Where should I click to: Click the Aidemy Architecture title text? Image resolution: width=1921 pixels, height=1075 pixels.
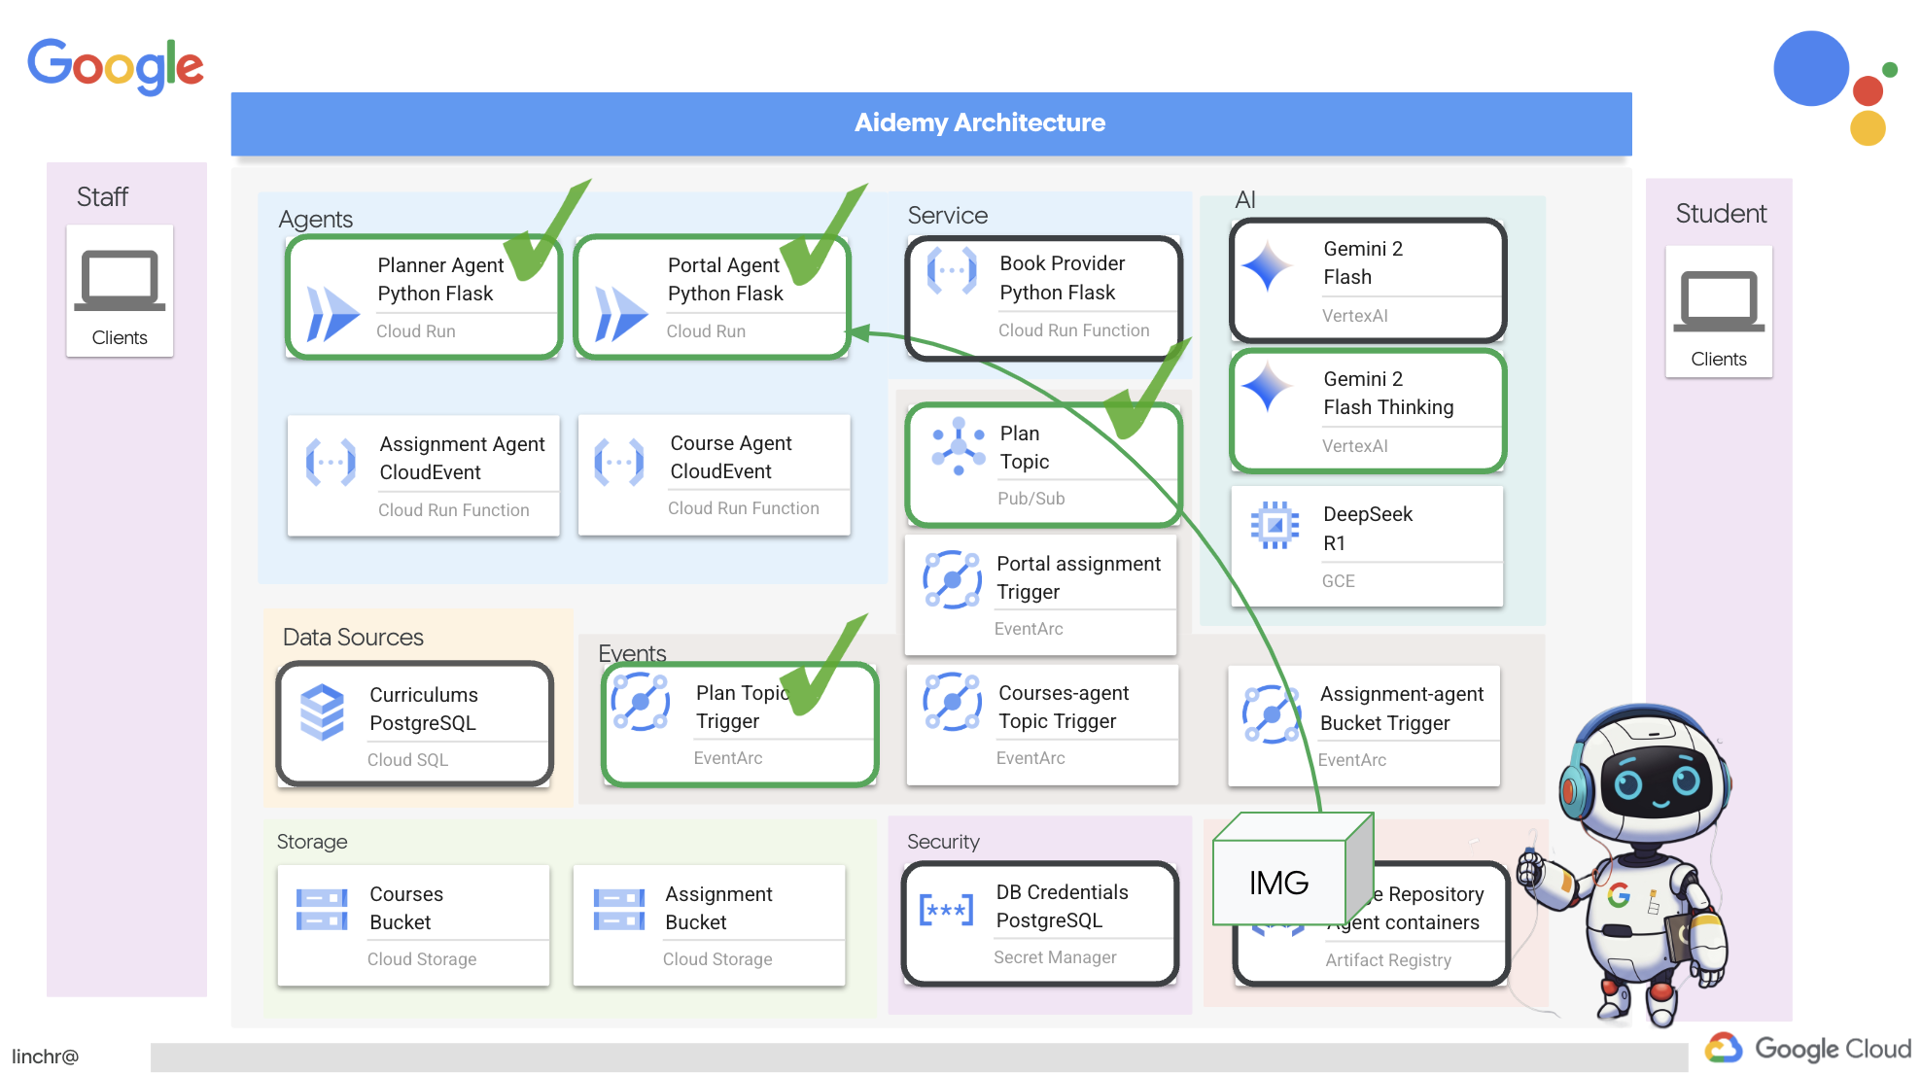tap(979, 122)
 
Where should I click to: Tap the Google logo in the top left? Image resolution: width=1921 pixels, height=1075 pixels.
tap(115, 65)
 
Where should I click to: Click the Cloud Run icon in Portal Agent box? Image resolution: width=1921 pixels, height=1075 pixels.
tap(620, 313)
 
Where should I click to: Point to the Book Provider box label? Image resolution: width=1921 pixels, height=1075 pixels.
tap(1062, 278)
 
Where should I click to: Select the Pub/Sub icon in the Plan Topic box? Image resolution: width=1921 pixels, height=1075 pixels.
tap(959, 446)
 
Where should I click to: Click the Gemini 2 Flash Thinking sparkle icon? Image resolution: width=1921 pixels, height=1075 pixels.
tap(1268, 387)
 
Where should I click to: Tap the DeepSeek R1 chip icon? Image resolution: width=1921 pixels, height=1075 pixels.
tap(1275, 525)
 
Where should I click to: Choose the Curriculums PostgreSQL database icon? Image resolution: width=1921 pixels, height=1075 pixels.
tap(322, 711)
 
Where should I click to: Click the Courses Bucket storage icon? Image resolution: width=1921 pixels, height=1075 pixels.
tap(322, 910)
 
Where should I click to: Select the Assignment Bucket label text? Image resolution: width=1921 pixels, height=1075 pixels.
tap(718, 908)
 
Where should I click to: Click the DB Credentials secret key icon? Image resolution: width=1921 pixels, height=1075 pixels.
tap(946, 911)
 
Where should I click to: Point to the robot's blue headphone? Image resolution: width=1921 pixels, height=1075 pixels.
tap(1575, 787)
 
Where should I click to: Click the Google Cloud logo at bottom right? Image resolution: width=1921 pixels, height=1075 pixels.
tap(1808, 1048)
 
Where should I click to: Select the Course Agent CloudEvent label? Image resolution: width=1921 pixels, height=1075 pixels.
tap(731, 457)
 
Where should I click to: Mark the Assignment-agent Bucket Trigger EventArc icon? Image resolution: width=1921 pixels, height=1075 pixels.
tap(1272, 714)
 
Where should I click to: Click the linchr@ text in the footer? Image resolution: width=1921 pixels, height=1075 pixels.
tap(45, 1057)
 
